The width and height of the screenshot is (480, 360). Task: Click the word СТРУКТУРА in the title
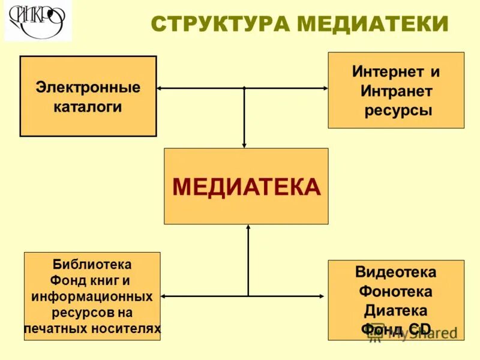click(x=221, y=24)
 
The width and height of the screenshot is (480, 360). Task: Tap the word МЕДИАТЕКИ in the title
click(x=373, y=24)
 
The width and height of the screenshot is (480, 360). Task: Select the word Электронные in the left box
click(x=88, y=88)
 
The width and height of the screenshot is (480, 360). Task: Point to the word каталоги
click(x=88, y=107)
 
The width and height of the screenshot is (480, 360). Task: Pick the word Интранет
click(x=396, y=91)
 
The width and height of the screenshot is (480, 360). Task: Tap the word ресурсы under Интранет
click(x=396, y=110)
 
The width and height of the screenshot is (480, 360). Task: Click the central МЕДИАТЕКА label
click(x=247, y=187)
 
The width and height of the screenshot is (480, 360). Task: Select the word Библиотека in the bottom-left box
click(x=92, y=264)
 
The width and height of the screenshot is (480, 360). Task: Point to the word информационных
click(x=92, y=296)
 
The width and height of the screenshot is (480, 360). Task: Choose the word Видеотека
click(x=396, y=272)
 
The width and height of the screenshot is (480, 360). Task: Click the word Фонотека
click(x=396, y=292)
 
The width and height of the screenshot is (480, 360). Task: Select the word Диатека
click(x=396, y=311)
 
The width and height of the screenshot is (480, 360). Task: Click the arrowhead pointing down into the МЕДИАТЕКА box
click(x=244, y=145)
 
